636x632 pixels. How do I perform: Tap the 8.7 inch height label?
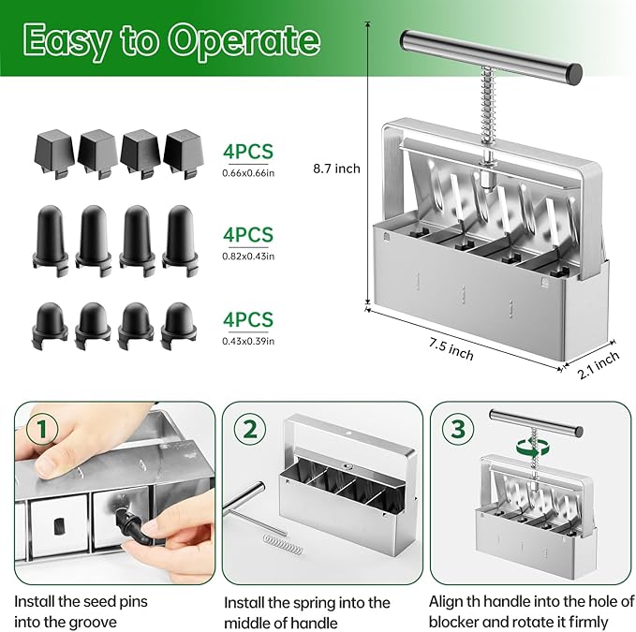point(336,169)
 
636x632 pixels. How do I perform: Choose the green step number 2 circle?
point(250,429)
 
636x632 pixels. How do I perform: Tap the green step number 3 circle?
point(456,429)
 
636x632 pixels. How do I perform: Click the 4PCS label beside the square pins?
point(247,150)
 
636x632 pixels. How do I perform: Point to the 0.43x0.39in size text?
point(248,341)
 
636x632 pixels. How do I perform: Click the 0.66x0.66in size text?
point(248,171)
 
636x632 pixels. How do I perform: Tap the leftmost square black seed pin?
point(52,150)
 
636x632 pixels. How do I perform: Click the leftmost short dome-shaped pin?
point(51,319)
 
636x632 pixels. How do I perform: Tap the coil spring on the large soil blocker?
point(487,111)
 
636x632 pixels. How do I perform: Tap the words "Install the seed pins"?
point(81,601)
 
